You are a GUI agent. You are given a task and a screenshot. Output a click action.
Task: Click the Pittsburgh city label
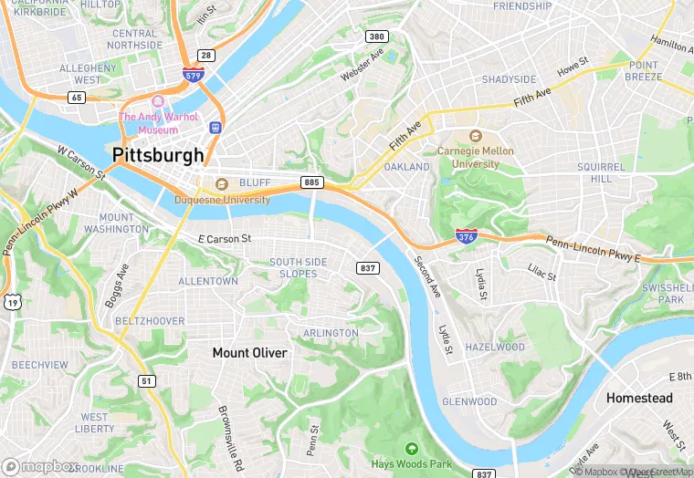click(158, 155)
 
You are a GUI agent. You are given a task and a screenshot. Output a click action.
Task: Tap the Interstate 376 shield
click(465, 236)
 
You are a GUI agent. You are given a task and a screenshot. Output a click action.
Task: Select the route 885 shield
click(311, 182)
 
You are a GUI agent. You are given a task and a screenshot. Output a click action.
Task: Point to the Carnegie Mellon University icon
click(475, 136)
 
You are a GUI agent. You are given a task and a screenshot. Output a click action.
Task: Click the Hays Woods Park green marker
click(411, 448)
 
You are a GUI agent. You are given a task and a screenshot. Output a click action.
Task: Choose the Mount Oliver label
click(249, 352)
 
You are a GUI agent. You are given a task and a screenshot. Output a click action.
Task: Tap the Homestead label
click(639, 398)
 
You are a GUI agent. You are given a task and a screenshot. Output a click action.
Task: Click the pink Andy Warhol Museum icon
click(159, 101)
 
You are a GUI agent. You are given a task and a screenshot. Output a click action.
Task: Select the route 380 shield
click(376, 36)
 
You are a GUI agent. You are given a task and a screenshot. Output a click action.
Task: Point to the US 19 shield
click(12, 301)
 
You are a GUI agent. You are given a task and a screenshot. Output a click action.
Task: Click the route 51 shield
click(147, 380)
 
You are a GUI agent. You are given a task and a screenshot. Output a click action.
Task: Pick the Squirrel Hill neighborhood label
click(600, 173)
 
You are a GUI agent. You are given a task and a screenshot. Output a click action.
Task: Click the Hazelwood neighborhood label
click(495, 348)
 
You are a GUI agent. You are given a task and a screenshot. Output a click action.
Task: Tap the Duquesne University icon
click(221, 184)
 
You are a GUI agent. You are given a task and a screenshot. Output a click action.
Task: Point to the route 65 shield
click(77, 97)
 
